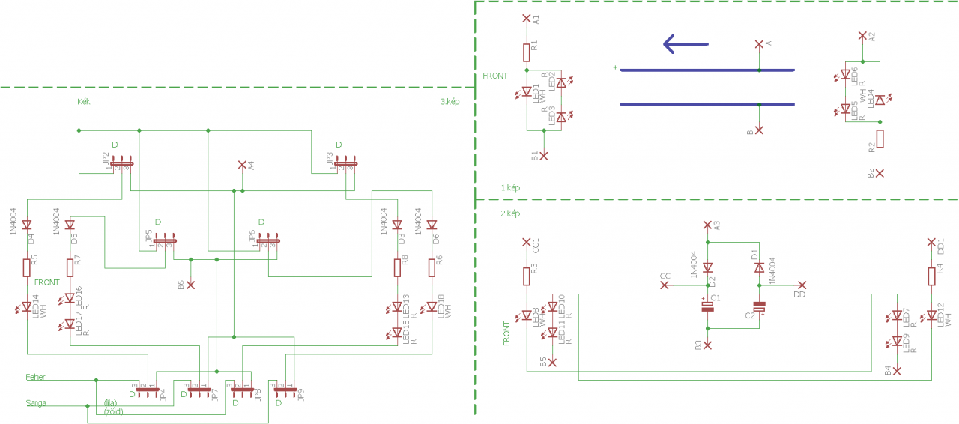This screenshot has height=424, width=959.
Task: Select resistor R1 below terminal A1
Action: [526, 52]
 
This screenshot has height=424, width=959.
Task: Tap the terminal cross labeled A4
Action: [241, 164]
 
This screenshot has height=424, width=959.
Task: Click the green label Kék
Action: [84, 101]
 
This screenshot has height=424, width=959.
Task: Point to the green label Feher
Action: [36, 377]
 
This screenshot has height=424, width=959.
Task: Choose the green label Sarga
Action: [36, 403]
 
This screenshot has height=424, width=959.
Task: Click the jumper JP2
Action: [121, 163]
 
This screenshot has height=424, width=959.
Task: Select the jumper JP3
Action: [346, 163]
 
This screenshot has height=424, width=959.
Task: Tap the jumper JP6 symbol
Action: [268, 241]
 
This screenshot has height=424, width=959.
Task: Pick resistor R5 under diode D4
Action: [27, 267]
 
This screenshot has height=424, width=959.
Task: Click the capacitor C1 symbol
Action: [707, 307]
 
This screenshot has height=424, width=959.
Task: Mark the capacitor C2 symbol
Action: [760, 307]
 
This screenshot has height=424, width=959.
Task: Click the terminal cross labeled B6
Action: [190, 285]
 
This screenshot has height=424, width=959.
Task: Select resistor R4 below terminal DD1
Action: [931, 275]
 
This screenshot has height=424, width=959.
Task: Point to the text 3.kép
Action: [450, 102]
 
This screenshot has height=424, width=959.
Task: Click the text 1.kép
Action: [511, 187]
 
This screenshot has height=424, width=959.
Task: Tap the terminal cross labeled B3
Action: [707, 345]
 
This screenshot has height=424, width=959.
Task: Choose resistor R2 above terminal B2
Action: [880, 139]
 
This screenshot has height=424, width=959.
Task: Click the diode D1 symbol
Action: [760, 267]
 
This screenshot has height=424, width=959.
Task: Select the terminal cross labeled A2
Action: [862, 35]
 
